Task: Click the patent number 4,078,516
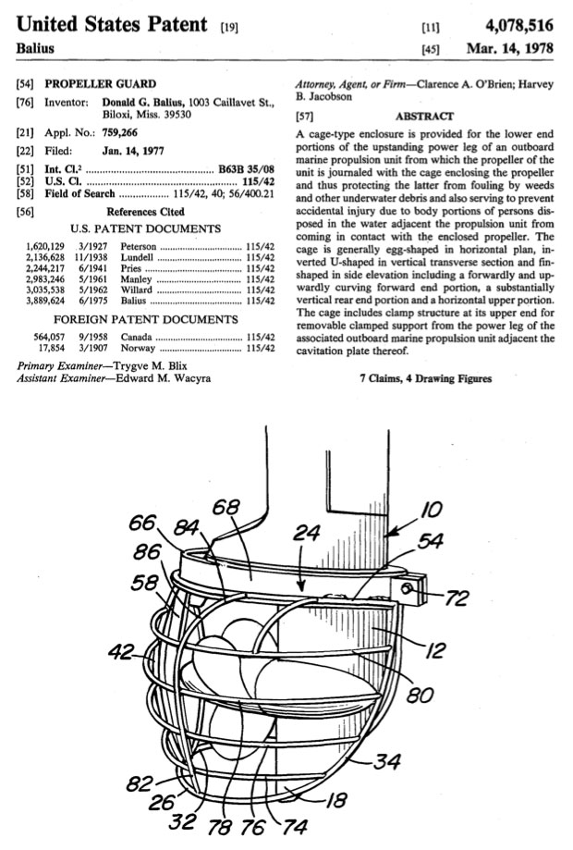click(519, 26)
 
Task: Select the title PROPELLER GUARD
click(100, 84)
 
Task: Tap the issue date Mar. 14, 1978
click(510, 48)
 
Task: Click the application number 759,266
click(120, 132)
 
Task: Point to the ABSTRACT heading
click(424, 116)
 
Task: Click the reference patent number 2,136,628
click(45, 257)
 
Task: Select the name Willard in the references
click(136, 289)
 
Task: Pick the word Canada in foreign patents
click(136, 337)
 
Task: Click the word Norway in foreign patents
click(138, 348)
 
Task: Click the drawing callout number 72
click(457, 597)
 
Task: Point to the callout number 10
click(431, 510)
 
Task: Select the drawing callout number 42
click(120, 651)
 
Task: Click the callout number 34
click(386, 761)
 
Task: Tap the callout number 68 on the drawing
click(226, 508)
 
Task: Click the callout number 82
click(139, 783)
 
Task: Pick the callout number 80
click(420, 695)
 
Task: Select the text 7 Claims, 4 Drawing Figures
click(426, 378)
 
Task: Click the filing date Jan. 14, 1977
click(133, 151)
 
